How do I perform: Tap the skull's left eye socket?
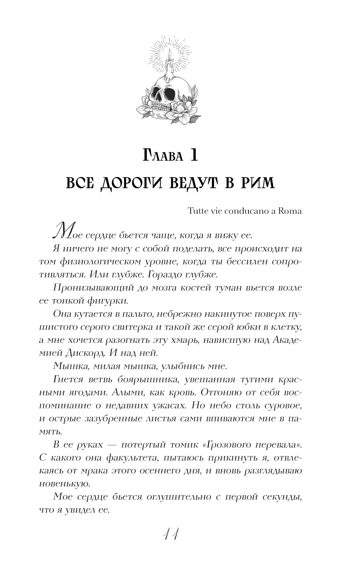tap(158, 95)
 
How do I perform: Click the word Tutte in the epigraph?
tap(198, 211)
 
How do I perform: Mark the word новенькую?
tap(62, 484)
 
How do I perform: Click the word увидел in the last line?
tap(79, 510)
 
